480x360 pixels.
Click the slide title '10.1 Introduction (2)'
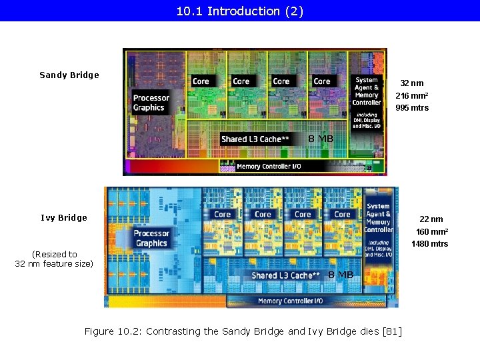[240, 11]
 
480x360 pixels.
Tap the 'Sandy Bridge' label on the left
[69, 75]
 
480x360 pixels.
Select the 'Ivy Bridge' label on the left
[64, 218]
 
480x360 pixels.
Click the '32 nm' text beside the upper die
[411, 83]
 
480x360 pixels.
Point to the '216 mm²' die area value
[412, 95]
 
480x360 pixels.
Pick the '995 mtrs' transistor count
[412, 108]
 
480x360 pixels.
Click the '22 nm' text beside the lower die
[431, 219]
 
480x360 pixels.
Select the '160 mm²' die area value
[432, 231]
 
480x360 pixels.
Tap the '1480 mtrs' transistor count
[430, 244]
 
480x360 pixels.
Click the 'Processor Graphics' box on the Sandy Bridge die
[151, 103]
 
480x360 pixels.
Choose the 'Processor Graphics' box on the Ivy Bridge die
[151, 238]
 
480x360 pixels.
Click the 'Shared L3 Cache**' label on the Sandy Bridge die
[255, 139]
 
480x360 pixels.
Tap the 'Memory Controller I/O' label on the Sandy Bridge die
[267, 167]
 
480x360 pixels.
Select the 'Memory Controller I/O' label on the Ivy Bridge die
[290, 301]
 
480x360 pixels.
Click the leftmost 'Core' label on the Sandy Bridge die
[201, 81]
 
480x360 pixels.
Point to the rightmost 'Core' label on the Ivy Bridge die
[342, 215]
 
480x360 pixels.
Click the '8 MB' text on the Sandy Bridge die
[321, 139]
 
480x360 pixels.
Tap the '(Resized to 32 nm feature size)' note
[54, 259]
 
